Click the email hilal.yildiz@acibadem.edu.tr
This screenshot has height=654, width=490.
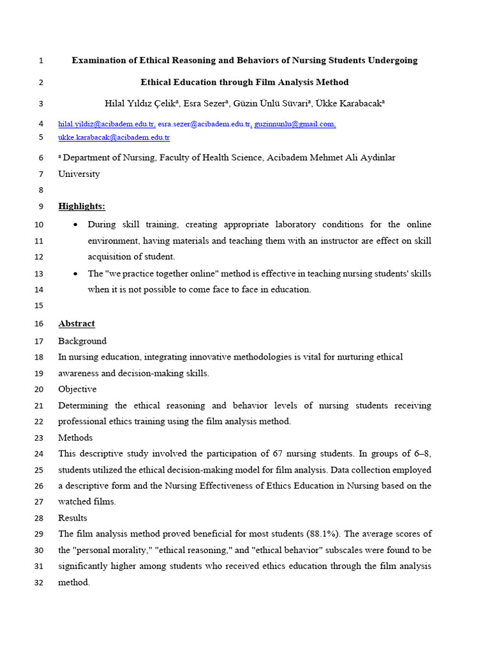pos(107,124)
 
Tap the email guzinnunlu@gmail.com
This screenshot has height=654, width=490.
pos(295,124)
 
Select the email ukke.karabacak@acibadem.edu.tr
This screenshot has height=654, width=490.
pos(114,137)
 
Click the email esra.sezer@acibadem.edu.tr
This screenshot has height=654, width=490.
pos(205,124)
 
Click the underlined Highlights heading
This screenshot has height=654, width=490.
pos(82,206)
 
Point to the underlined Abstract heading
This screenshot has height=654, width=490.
pos(77,324)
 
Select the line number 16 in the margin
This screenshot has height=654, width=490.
pos(38,324)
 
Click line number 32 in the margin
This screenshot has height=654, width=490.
pos(38,582)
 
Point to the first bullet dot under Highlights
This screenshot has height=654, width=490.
pos(76,225)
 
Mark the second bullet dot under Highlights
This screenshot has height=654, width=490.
pos(76,274)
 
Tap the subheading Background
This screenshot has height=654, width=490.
pos(82,341)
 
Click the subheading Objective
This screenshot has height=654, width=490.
pos(77,389)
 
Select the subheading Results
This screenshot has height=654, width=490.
pos(73,518)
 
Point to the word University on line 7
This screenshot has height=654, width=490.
pos(79,174)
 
